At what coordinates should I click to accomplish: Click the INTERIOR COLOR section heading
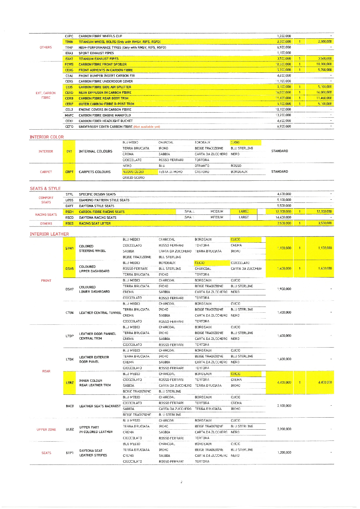coord(46,137)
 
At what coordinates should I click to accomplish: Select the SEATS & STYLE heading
coord(45,189)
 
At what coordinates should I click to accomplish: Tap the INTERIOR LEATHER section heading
coord(49,234)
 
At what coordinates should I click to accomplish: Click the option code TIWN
coord(69,42)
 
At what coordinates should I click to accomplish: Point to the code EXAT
coord(69,59)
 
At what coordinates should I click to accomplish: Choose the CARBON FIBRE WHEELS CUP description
coord(100,36)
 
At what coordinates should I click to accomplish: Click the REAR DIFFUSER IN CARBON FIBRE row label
coord(105,93)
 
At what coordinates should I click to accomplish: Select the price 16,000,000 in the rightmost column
coord(324,93)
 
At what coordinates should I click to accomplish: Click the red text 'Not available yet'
coord(147,127)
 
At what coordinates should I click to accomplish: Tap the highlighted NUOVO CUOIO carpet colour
coord(133,172)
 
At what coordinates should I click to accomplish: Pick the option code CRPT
coord(69,172)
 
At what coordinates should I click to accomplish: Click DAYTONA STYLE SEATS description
coord(96,206)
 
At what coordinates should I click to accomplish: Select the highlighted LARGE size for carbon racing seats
coord(244,212)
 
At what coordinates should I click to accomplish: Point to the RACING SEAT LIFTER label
coord(95,223)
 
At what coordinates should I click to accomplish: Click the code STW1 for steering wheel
coord(69,249)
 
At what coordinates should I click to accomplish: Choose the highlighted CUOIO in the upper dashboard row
coord(200,263)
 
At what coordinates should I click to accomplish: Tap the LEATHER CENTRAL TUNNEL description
coord(100,313)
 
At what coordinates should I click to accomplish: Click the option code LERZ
coord(70,383)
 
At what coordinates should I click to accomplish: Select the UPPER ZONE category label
coord(46,430)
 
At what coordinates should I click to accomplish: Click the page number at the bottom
coord(181,482)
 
